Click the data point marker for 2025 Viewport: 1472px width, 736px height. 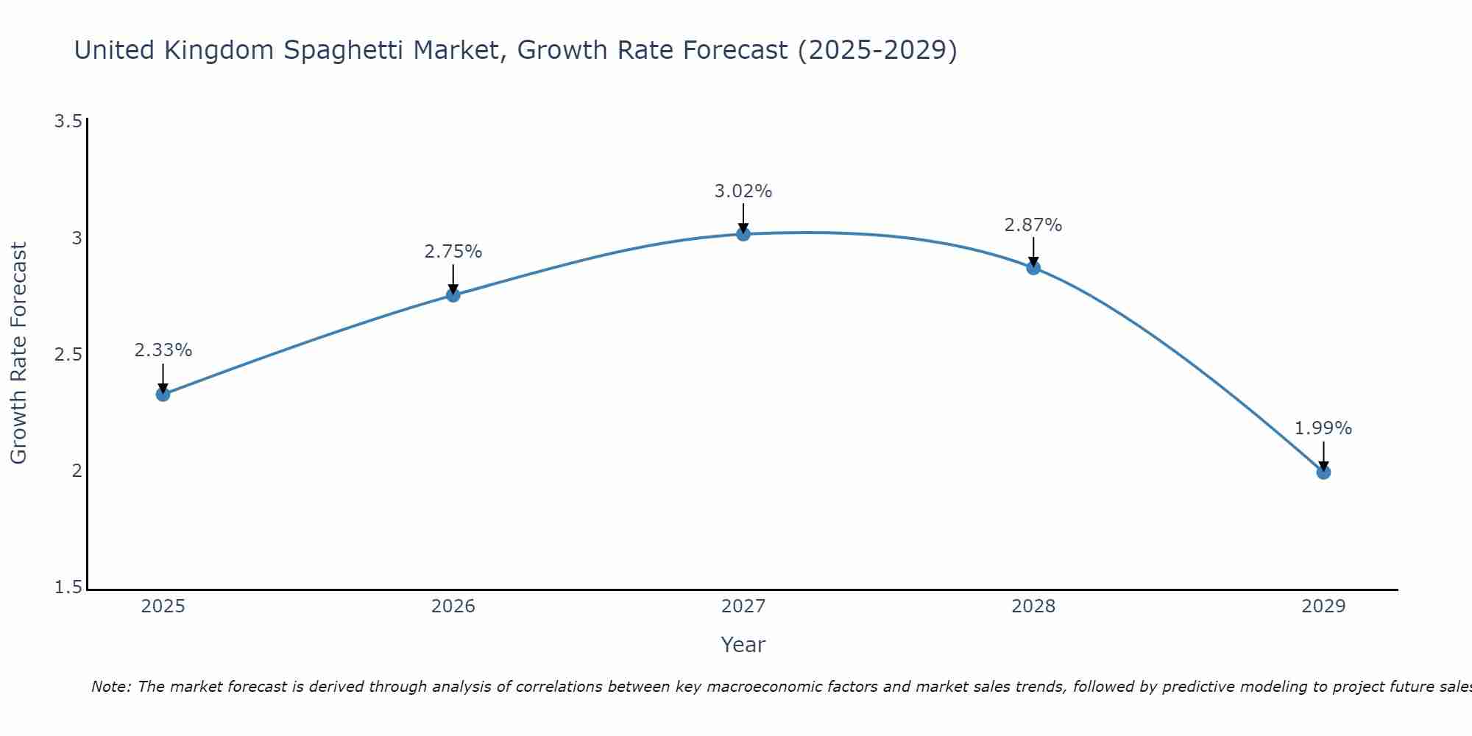[x=163, y=394]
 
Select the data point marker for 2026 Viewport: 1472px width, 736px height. [x=453, y=295]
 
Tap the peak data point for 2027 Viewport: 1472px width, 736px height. [x=743, y=234]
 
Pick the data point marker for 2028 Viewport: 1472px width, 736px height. [x=1033, y=268]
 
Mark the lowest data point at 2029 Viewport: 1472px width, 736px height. [x=1323, y=472]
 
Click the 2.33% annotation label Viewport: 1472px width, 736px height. [x=163, y=350]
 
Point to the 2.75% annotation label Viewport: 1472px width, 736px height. [x=453, y=252]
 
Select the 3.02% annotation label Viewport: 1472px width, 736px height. [x=743, y=191]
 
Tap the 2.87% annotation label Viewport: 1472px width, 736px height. [x=1033, y=225]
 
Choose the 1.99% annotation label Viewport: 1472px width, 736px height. [x=1323, y=428]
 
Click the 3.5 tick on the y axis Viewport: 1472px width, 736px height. [x=68, y=121]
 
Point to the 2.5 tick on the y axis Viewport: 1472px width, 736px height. [x=68, y=355]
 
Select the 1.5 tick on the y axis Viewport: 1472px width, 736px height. [x=68, y=587]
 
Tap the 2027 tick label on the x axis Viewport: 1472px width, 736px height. [x=743, y=606]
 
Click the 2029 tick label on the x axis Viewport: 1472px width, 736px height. [x=1323, y=606]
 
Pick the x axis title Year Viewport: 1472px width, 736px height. [x=743, y=645]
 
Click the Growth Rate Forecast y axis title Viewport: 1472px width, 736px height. [x=19, y=353]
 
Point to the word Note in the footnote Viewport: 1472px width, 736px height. [x=110, y=687]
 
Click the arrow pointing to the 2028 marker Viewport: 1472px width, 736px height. [x=1033, y=252]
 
